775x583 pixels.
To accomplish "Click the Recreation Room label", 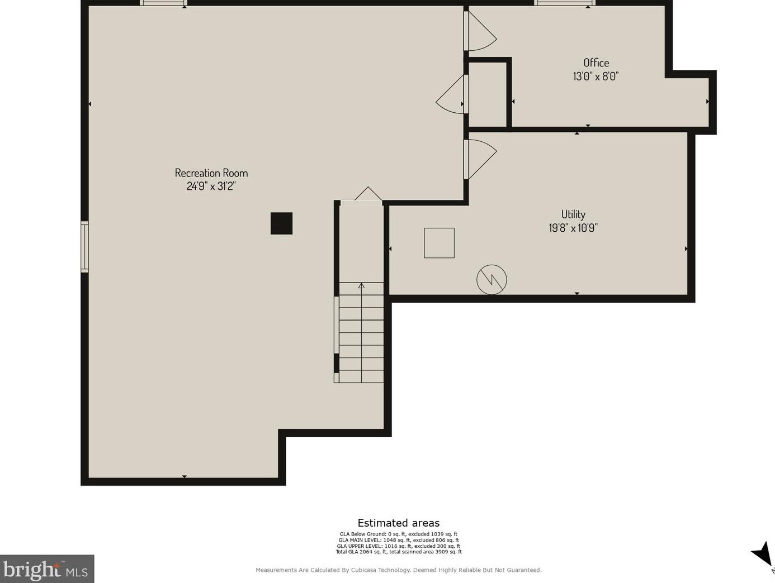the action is click(211, 173).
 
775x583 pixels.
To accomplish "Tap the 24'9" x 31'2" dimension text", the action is click(211, 186).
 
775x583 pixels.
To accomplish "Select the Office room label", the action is click(596, 63).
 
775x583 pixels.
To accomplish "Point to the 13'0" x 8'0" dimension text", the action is click(596, 76).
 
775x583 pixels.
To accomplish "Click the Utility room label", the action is click(573, 214).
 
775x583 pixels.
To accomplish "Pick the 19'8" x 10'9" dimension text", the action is click(573, 228).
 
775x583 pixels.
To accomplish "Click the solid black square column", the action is click(281, 223).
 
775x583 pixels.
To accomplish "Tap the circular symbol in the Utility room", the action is click(492, 280).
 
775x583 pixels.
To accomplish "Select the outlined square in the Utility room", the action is click(440, 243).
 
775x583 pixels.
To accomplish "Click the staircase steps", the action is click(361, 332).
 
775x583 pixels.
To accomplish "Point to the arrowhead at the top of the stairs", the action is click(361, 285).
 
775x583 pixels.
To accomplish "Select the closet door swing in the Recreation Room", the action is click(450, 94).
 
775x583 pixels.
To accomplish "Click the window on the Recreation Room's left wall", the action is click(85, 247).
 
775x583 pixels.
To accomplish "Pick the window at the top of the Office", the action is click(564, 3).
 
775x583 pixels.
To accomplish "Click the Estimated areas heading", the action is click(399, 523).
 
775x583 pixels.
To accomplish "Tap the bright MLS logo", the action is click(47, 569).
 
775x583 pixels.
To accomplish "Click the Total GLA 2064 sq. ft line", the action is click(399, 552).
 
